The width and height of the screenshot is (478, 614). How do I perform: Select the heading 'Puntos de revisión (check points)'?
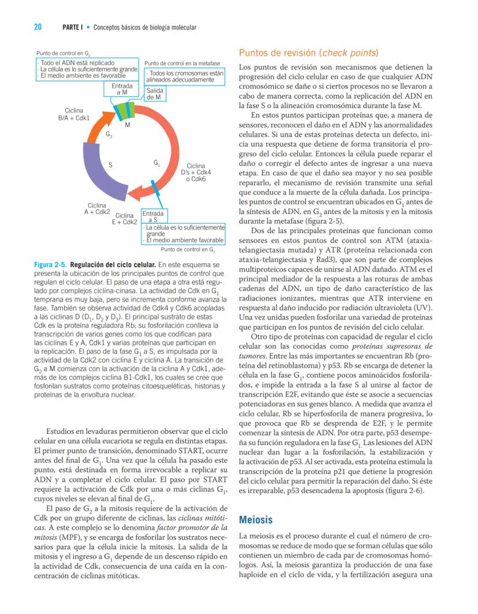[x=309, y=53]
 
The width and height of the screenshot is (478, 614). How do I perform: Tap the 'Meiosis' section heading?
[x=256, y=520]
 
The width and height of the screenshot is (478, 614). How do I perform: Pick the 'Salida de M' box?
[x=154, y=94]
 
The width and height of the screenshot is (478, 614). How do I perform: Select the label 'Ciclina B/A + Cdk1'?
[x=73, y=114]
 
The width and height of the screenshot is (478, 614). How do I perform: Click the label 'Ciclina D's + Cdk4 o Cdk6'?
[x=196, y=173]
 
